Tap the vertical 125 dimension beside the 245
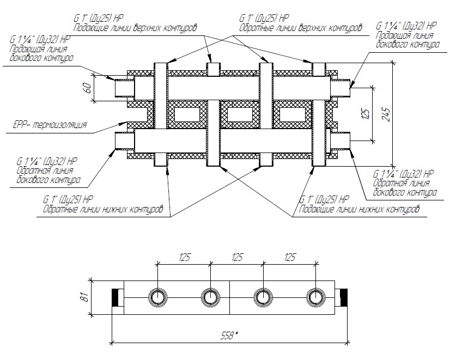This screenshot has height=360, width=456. [x=366, y=113]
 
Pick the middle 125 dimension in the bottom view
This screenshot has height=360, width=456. [x=237, y=258]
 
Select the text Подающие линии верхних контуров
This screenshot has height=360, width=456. [x=135, y=27]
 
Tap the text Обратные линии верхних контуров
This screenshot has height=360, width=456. [x=300, y=27]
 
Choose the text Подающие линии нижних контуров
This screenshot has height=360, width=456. [x=360, y=208]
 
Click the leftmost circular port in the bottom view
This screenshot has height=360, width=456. [x=158, y=297]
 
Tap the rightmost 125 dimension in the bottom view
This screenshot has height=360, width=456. [x=289, y=258]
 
